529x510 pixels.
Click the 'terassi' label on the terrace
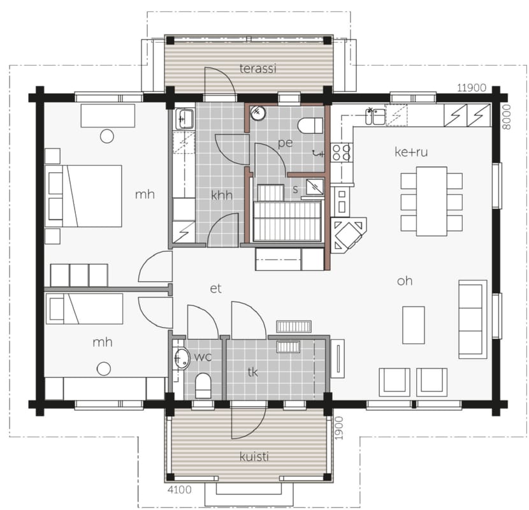tap(257, 68)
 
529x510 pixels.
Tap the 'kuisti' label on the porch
tap(254, 456)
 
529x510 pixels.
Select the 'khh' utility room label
tap(222, 195)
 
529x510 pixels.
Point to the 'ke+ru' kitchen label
tap(411, 152)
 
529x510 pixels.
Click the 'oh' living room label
tap(405, 281)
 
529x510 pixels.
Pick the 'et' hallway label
tap(215, 289)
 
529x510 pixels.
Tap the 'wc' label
tap(203, 357)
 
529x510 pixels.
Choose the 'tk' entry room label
tap(252, 372)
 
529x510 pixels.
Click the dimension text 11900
tap(472, 88)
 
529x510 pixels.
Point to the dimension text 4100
tap(180, 490)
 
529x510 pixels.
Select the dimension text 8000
tap(507, 117)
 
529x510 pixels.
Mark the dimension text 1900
tap(339, 428)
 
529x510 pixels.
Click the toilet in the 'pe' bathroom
tap(310, 126)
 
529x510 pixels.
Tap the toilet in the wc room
tap(203, 386)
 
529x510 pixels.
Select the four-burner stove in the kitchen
tap(341, 152)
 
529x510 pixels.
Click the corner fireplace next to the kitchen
tap(347, 234)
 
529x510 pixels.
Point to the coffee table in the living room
tap(414, 325)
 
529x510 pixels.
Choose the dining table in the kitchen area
tap(431, 201)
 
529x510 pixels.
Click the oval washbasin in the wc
tap(182, 358)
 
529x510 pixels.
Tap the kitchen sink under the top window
tap(375, 116)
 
